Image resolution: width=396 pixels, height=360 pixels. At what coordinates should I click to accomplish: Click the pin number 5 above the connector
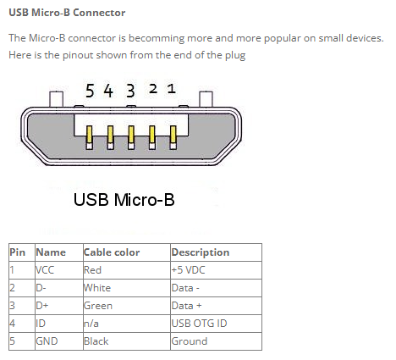(x=90, y=91)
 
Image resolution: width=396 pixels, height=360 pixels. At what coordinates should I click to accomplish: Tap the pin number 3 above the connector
(x=130, y=91)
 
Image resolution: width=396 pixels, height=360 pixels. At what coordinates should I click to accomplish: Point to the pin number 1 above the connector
(x=172, y=89)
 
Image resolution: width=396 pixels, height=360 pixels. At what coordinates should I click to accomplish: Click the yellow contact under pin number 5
(x=90, y=135)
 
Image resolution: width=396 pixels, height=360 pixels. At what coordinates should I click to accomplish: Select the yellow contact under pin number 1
(x=173, y=135)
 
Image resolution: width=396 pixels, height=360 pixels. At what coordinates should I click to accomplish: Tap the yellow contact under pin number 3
(x=131, y=135)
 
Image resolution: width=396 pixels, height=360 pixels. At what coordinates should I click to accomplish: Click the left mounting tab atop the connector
(x=56, y=99)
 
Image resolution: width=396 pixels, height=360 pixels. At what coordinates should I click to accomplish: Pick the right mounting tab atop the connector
(x=206, y=99)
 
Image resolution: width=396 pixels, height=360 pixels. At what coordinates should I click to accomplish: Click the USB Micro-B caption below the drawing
(x=124, y=200)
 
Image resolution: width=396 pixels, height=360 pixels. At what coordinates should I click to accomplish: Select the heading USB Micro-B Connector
(x=67, y=13)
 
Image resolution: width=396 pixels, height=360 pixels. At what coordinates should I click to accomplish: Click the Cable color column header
(x=112, y=252)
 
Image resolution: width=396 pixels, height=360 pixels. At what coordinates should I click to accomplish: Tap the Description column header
(x=201, y=252)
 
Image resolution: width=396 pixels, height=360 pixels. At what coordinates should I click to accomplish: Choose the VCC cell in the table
(x=45, y=270)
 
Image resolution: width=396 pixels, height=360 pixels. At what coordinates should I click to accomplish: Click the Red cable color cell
(x=92, y=270)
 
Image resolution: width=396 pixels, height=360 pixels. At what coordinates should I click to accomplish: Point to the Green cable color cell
(x=98, y=306)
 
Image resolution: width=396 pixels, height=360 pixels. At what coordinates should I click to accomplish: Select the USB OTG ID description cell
(x=199, y=324)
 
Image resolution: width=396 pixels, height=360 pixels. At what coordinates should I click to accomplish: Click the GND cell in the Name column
(x=47, y=341)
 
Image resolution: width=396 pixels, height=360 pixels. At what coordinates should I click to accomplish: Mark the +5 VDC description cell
(x=188, y=270)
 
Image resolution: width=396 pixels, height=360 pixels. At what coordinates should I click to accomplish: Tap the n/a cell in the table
(x=91, y=324)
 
